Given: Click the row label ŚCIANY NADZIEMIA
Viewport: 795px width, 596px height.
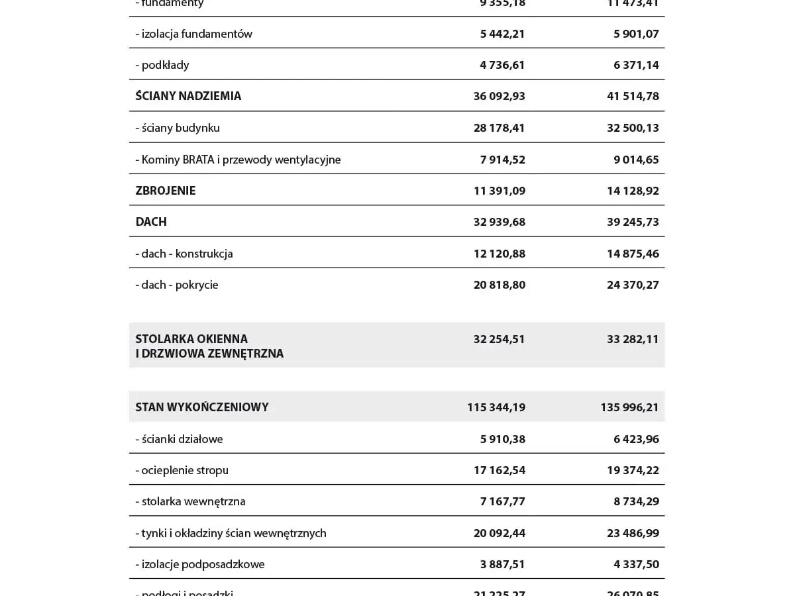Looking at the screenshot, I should click(x=188, y=96).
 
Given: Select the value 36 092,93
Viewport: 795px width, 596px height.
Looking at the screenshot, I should click(x=499, y=96).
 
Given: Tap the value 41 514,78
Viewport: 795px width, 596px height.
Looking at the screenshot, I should click(x=633, y=96).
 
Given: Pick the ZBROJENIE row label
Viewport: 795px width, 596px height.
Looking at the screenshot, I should click(x=166, y=191).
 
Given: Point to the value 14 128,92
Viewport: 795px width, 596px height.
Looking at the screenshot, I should click(x=633, y=191).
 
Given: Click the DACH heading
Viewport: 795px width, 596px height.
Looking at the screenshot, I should click(x=151, y=222).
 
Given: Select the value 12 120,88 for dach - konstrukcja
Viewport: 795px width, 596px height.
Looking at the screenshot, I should click(x=499, y=254).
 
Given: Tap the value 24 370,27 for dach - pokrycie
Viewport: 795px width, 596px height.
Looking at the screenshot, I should click(x=633, y=285).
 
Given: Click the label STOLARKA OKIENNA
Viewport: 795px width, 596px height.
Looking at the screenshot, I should click(x=191, y=339).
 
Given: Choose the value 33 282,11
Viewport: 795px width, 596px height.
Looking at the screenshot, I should click(x=633, y=339).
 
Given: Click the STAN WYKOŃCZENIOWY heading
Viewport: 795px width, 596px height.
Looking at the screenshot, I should click(x=202, y=407).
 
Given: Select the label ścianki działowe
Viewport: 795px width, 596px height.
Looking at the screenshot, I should click(x=182, y=439).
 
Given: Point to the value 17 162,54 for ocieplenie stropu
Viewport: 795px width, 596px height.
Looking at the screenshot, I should click(x=499, y=470).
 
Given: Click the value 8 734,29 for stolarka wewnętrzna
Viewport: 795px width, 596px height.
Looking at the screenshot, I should click(x=636, y=501).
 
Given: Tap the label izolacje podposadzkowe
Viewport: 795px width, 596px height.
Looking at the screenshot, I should click(x=203, y=564).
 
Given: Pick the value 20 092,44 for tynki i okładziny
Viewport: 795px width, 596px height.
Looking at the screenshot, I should click(x=499, y=533).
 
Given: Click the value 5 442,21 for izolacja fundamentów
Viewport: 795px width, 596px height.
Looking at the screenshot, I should click(x=502, y=34).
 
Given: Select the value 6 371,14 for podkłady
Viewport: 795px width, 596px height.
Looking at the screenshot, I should click(x=636, y=65).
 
